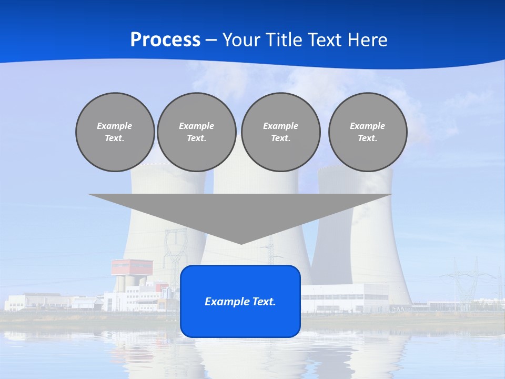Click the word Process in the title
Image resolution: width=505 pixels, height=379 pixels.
[165, 40]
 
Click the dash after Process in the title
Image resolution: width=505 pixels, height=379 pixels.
[211, 41]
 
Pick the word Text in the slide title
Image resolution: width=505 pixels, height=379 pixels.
[325, 40]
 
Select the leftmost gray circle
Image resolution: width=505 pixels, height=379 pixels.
[115, 132]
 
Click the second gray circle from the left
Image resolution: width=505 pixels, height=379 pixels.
[196, 132]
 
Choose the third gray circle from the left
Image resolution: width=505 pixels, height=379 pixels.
[280, 132]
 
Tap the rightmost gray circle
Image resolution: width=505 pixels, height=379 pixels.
[367, 132]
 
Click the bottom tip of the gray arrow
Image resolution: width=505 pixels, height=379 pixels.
[240, 243]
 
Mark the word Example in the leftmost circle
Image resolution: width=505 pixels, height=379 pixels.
[115, 126]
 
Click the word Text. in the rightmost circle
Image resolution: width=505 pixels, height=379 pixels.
[367, 138]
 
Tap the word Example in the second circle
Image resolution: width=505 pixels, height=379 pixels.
[196, 126]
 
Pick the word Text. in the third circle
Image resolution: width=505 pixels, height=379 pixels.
[280, 138]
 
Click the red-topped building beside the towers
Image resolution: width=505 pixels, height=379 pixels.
[132, 267]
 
